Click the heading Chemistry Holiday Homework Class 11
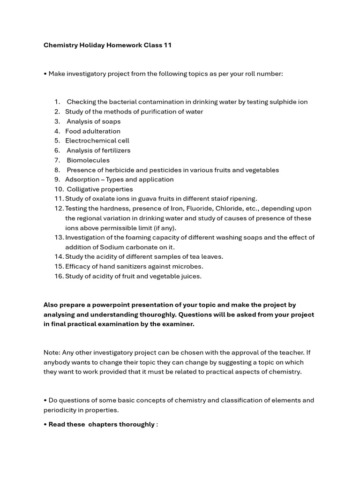click(107, 45)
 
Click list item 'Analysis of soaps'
click(93, 121)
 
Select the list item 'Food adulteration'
click(93, 131)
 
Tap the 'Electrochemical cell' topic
click(97, 141)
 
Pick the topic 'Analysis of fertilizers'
click(98, 150)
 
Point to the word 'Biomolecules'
click(88, 160)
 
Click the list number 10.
click(59, 189)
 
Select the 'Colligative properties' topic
click(100, 189)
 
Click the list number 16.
click(59, 276)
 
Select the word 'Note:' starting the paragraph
click(52, 352)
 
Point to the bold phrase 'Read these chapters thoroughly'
click(102, 424)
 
